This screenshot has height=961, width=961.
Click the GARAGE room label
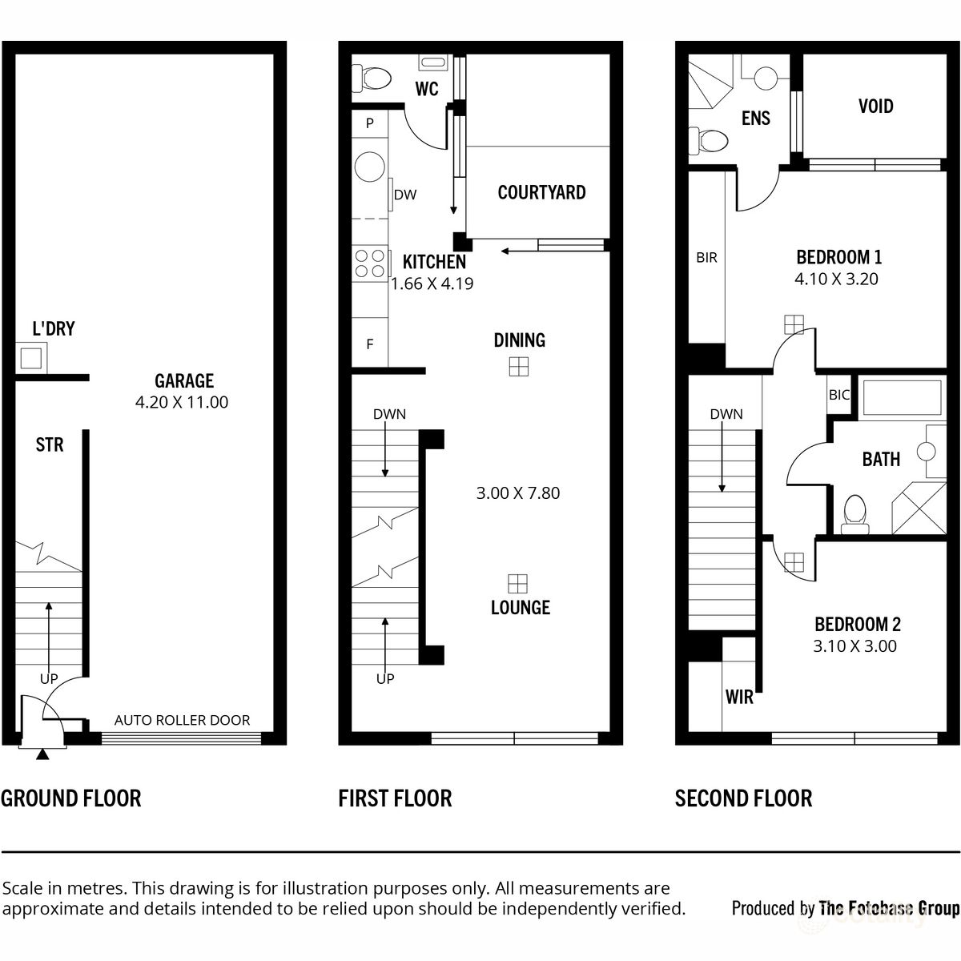pos(184,380)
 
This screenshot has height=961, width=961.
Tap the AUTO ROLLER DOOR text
pos(182,720)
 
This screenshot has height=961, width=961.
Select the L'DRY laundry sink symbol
pos(31,357)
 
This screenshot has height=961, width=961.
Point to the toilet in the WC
pos(374,78)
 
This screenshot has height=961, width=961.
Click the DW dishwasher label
pos(404,194)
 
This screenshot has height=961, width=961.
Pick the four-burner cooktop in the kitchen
pos(369,264)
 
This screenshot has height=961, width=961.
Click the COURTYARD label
pos(541,192)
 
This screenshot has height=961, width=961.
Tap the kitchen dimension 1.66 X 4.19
pos(432,283)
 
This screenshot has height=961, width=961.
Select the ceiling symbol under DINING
pos(519,366)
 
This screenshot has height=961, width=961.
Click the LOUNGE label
pos(520,608)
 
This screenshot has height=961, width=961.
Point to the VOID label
pos(875,107)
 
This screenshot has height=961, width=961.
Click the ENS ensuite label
pos(755,119)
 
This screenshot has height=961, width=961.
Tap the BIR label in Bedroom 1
pos(706,258)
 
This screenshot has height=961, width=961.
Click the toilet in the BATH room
pos(854,512)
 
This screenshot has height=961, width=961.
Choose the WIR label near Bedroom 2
pos(738,698)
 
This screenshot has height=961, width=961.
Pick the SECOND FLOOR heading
pos(743,798)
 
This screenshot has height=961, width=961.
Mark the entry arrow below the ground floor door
pos(42,754)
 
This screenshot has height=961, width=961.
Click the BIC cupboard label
pos(838,395)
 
